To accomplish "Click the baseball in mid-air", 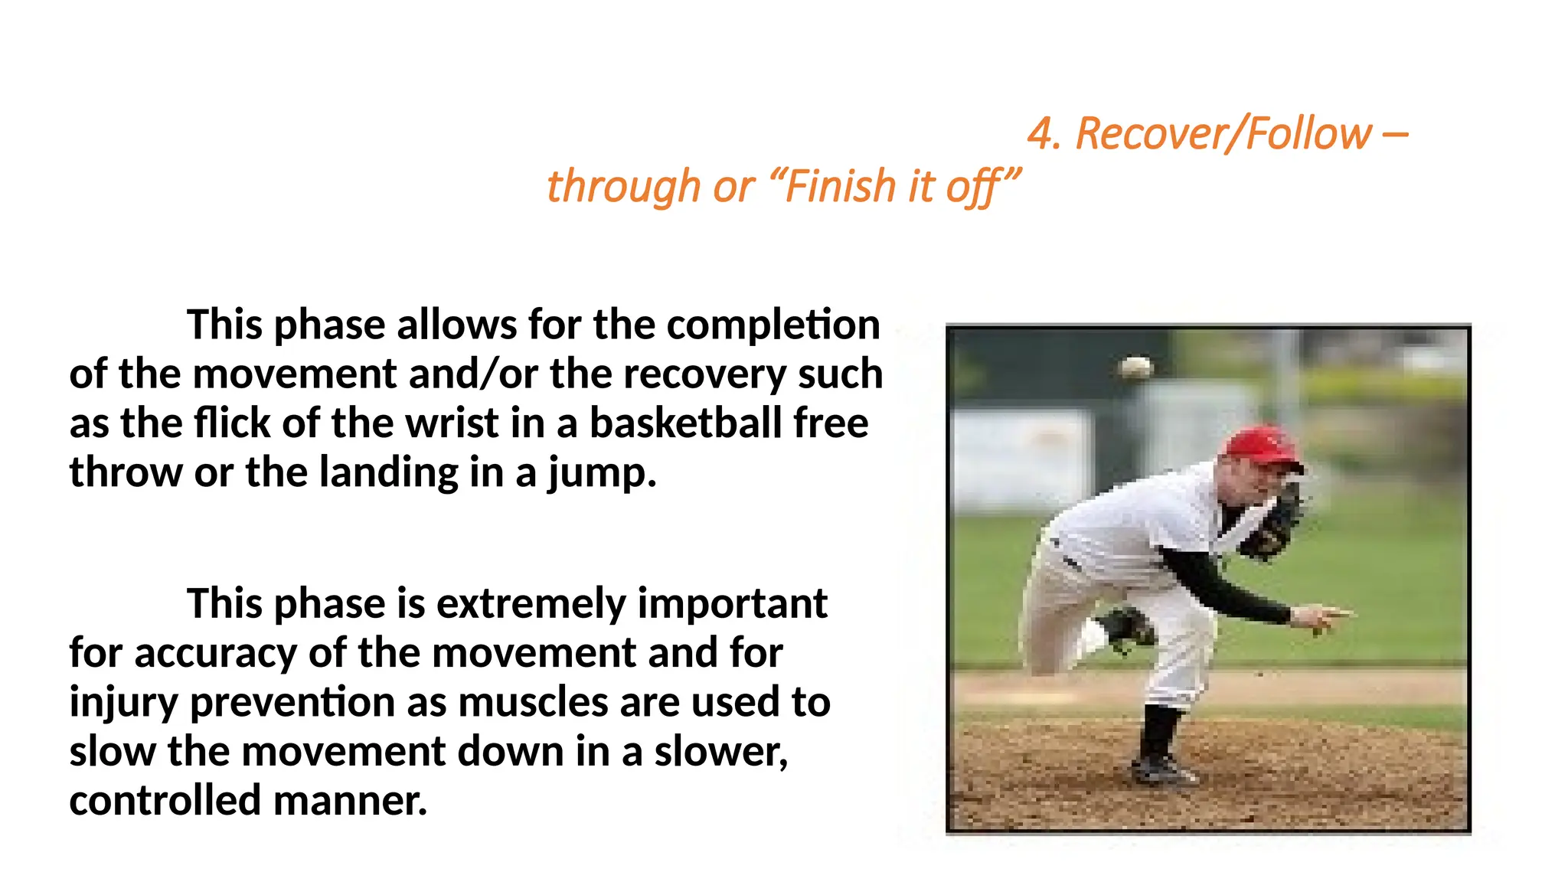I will coord(1135,367).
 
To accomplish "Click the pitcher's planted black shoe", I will coord(1162,768).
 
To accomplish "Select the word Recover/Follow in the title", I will coord(1223,134).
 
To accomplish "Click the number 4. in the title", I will coord(1044,134).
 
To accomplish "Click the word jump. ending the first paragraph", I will coord(603,472).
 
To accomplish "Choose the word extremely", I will coord(531,603).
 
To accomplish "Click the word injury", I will coord(123,703).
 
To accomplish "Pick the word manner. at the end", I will coord(350,801).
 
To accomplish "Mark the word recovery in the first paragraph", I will coord(705,374).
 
